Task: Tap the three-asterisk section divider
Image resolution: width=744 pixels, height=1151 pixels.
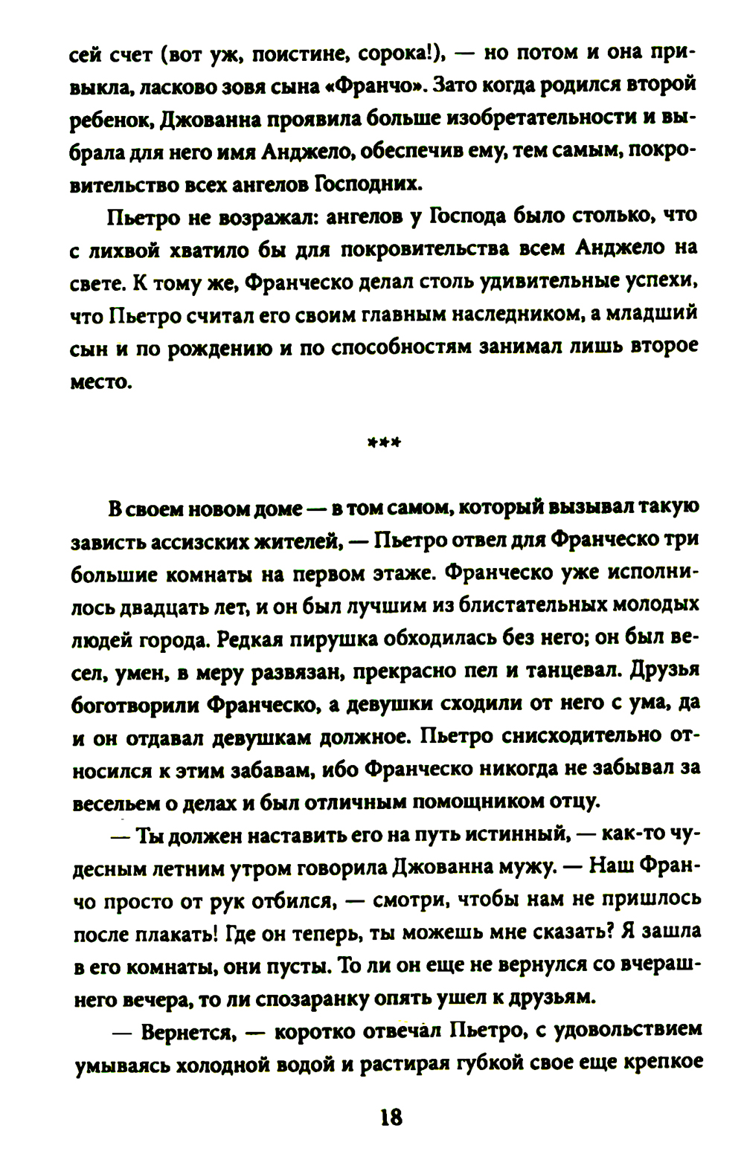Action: pyautogui.click(x=385, y=443)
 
